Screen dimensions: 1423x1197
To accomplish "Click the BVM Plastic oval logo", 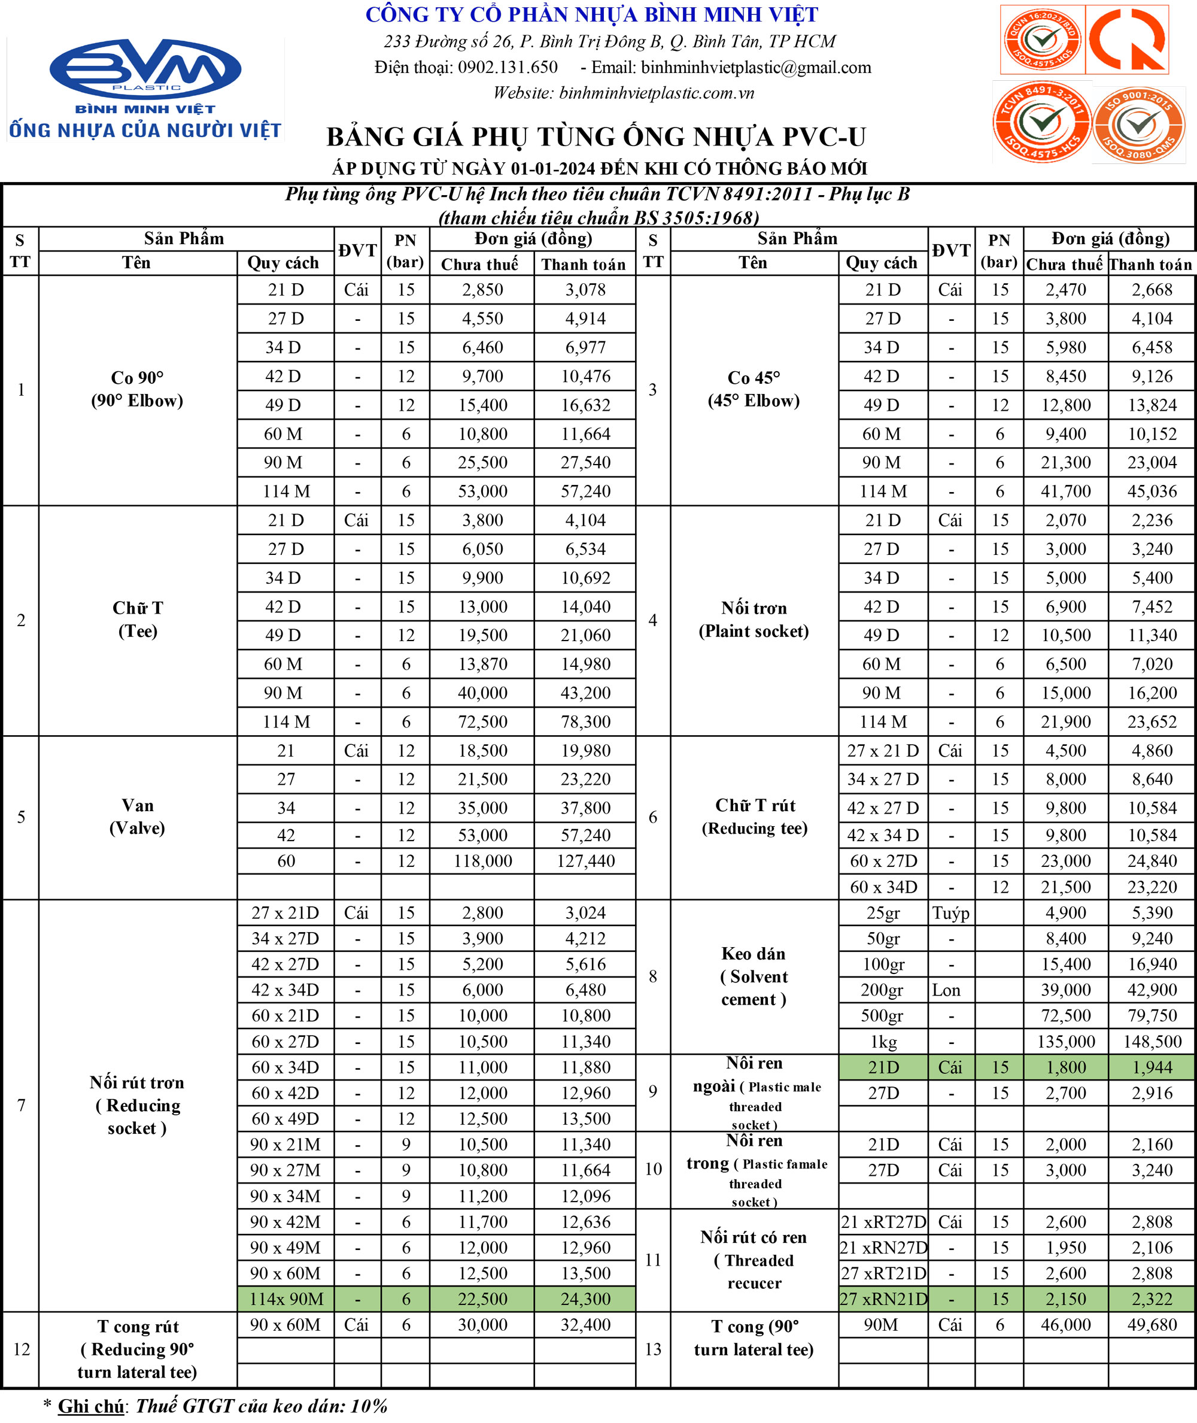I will pos(145,68).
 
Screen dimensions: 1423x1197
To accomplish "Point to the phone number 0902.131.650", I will pos(508,67).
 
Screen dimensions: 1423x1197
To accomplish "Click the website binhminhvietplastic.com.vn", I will pos(656,93).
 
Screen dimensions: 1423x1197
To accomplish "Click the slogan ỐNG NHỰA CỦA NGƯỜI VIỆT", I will pos(145,130).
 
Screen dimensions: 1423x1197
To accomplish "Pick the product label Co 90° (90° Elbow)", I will pos(137,389).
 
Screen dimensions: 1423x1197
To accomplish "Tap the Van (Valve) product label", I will pos(137,817).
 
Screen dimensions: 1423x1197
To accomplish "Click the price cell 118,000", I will pos(482,861).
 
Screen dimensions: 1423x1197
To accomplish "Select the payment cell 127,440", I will pos(585,861).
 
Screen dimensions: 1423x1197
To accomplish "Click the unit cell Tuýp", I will pos(950,913).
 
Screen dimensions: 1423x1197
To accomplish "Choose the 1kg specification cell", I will pos(883,1042).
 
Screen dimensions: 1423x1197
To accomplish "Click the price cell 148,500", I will pos(1152,1042).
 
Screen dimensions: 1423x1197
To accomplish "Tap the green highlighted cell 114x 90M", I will pos(285,1299).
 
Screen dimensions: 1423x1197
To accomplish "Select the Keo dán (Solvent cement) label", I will pos(754,976).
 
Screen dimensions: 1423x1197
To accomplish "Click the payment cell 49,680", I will pos(1152,1325).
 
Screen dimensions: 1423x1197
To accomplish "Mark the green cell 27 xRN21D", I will pos(883,1299).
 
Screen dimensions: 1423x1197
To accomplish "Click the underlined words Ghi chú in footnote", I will pos(91,1406).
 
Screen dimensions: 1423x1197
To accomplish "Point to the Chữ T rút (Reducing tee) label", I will pos(754,817).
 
